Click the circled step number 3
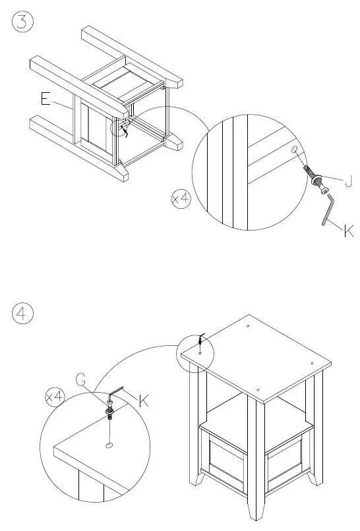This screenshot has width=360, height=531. click(x=22, y=22)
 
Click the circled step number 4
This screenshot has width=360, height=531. click(x=22, y=313)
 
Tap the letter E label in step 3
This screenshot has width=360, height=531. click(x=45, y=99)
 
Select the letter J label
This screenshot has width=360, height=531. click(x=348, y=181)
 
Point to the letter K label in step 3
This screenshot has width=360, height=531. click(x=348, y=231)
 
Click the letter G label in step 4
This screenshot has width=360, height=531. click(x=80, y=379)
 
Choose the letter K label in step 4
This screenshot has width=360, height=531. click(x=144, y=401)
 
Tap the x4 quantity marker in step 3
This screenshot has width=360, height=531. click(x=181, y=199)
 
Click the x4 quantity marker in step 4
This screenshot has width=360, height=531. click(x=55, y=396)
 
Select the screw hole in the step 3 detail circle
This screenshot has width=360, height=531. click(x=294, y=149)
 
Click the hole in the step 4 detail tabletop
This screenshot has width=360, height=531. click(x=109, y=445)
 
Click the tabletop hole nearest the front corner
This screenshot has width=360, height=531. click(x=258, y=390)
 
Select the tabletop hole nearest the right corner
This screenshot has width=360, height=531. click(x=312, y=364)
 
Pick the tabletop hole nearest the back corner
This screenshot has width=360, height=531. click(x=248, y=326)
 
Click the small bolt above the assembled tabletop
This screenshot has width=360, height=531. click(x=200, y=341)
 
